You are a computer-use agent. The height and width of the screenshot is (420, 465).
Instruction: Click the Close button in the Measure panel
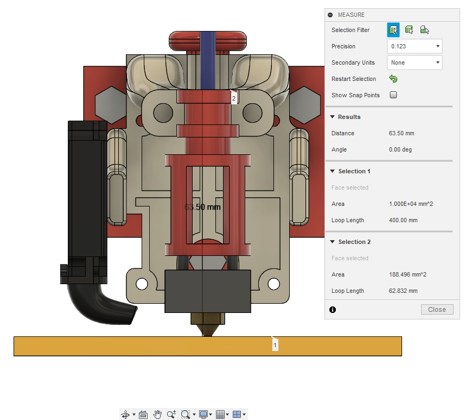[437, 310]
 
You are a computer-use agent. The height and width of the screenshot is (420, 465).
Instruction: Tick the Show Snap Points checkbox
[393, 95]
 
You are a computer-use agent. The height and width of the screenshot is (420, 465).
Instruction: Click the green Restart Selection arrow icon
[393, 79]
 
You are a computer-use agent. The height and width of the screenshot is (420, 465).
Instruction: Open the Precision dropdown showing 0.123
[415, 46]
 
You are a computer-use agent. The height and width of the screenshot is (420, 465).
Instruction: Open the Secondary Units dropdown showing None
[415, 62]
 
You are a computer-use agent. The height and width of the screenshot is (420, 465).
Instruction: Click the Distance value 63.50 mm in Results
[402, 133]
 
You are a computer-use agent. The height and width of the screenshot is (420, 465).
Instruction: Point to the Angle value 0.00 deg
[400, 150]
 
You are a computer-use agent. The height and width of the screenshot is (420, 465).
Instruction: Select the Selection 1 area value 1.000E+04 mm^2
[411, 204]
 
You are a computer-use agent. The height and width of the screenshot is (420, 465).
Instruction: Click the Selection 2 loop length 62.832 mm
[403, 291]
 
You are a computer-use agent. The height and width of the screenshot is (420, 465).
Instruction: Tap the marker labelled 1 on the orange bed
[275, 345]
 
